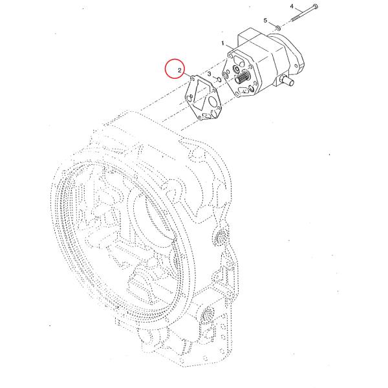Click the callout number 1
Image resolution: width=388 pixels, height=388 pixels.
[x=222, y=43]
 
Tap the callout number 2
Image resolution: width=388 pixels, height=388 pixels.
[x=180, y=70]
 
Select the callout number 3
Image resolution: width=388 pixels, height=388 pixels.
[x=209, y=74]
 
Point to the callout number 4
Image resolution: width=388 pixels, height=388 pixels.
[x=292, y=6]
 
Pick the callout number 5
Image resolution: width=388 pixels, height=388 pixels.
[x=265, y=20]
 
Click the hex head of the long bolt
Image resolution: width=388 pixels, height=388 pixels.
[x=315, y=6]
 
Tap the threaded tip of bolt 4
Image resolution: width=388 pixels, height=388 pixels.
[x=294, y=19]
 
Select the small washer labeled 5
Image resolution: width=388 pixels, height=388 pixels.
[x=278, y=27]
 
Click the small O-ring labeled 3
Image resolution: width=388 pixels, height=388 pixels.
[x=219, y=80]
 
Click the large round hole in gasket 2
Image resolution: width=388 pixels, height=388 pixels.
[x=213, y=102]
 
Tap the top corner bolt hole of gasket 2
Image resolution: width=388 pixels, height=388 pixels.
[x=192, y=78]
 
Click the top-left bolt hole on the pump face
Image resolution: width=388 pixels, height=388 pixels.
[x=231, y=57]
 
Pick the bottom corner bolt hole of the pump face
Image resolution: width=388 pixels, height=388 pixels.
[x=237, y=94]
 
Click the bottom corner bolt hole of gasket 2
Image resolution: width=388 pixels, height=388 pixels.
[x=200, y=118]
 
